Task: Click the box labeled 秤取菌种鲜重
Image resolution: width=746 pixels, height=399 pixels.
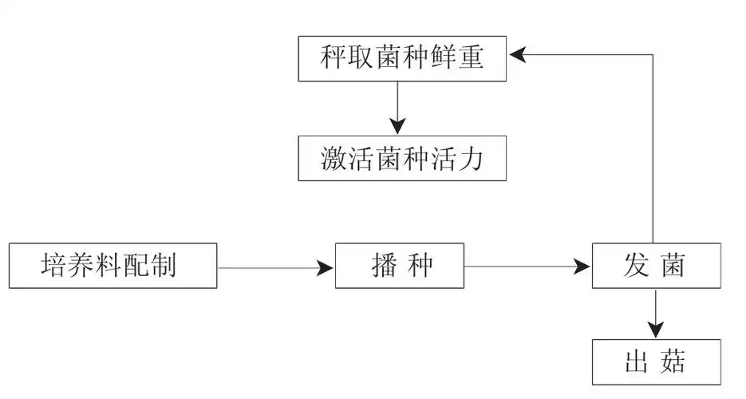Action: (402, 58)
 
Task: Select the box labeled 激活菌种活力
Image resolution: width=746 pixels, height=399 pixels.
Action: (402, 158)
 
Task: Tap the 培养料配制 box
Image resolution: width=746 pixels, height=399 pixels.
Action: (112, 266)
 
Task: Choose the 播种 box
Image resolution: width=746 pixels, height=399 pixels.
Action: (399, 266)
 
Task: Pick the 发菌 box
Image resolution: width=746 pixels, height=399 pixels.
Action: (656, 266)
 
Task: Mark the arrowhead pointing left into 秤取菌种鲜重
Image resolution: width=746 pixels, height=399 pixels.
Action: (518, 53)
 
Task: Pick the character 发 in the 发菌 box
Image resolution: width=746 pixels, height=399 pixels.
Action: (635, 266)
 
